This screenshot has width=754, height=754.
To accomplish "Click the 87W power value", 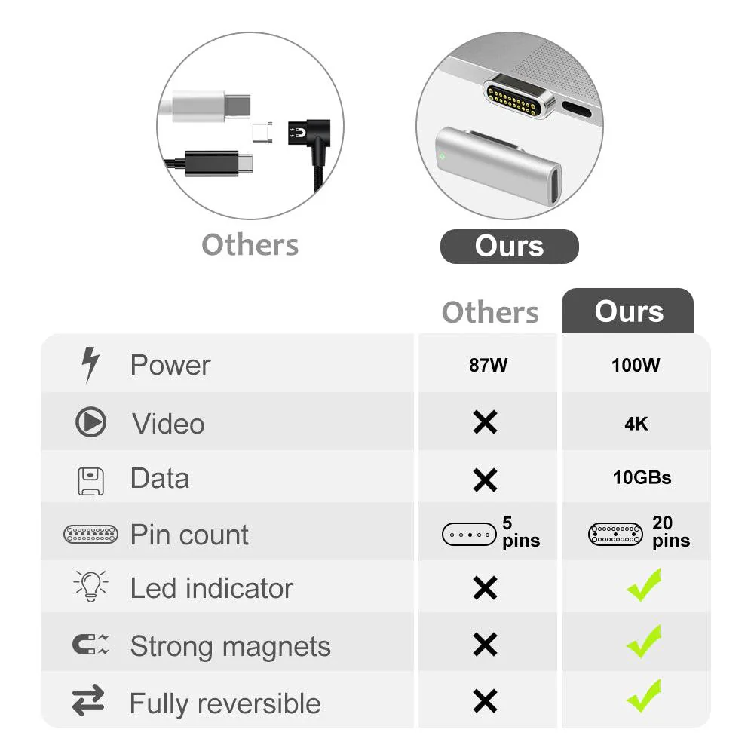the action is tap(488, 366).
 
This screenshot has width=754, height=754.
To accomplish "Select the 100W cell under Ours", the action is tap(636, 366).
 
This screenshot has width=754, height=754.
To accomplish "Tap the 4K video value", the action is tap(636, 424).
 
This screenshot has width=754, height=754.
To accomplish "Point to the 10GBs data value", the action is tap(642, 477).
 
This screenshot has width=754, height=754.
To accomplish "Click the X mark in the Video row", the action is tap(485, 422).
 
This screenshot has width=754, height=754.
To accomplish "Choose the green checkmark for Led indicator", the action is tap(644, 585).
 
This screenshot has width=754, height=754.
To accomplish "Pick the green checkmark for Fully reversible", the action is tap(644, 695).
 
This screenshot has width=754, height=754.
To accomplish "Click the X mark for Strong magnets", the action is tap(485, 645).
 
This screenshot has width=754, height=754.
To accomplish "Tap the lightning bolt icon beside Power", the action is tap(90, 364).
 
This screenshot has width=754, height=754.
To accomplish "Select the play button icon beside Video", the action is tap(91, 422).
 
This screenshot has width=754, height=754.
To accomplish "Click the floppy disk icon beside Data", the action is tap(91, 481).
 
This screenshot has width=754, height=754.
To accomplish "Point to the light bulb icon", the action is tap(91, 586).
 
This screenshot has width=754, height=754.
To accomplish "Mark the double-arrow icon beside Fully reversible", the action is tap(88, 700).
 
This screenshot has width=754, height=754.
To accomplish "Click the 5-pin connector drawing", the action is tap(469, 535).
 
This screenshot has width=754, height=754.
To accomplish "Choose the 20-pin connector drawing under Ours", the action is tap(615, 535).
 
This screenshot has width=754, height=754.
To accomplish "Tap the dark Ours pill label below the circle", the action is tap(509, 247).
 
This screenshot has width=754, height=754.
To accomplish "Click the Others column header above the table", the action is tap(490, 313).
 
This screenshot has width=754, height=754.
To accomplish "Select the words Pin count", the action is tap(189, 535).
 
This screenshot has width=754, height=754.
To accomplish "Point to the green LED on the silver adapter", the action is tap(442, 157).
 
